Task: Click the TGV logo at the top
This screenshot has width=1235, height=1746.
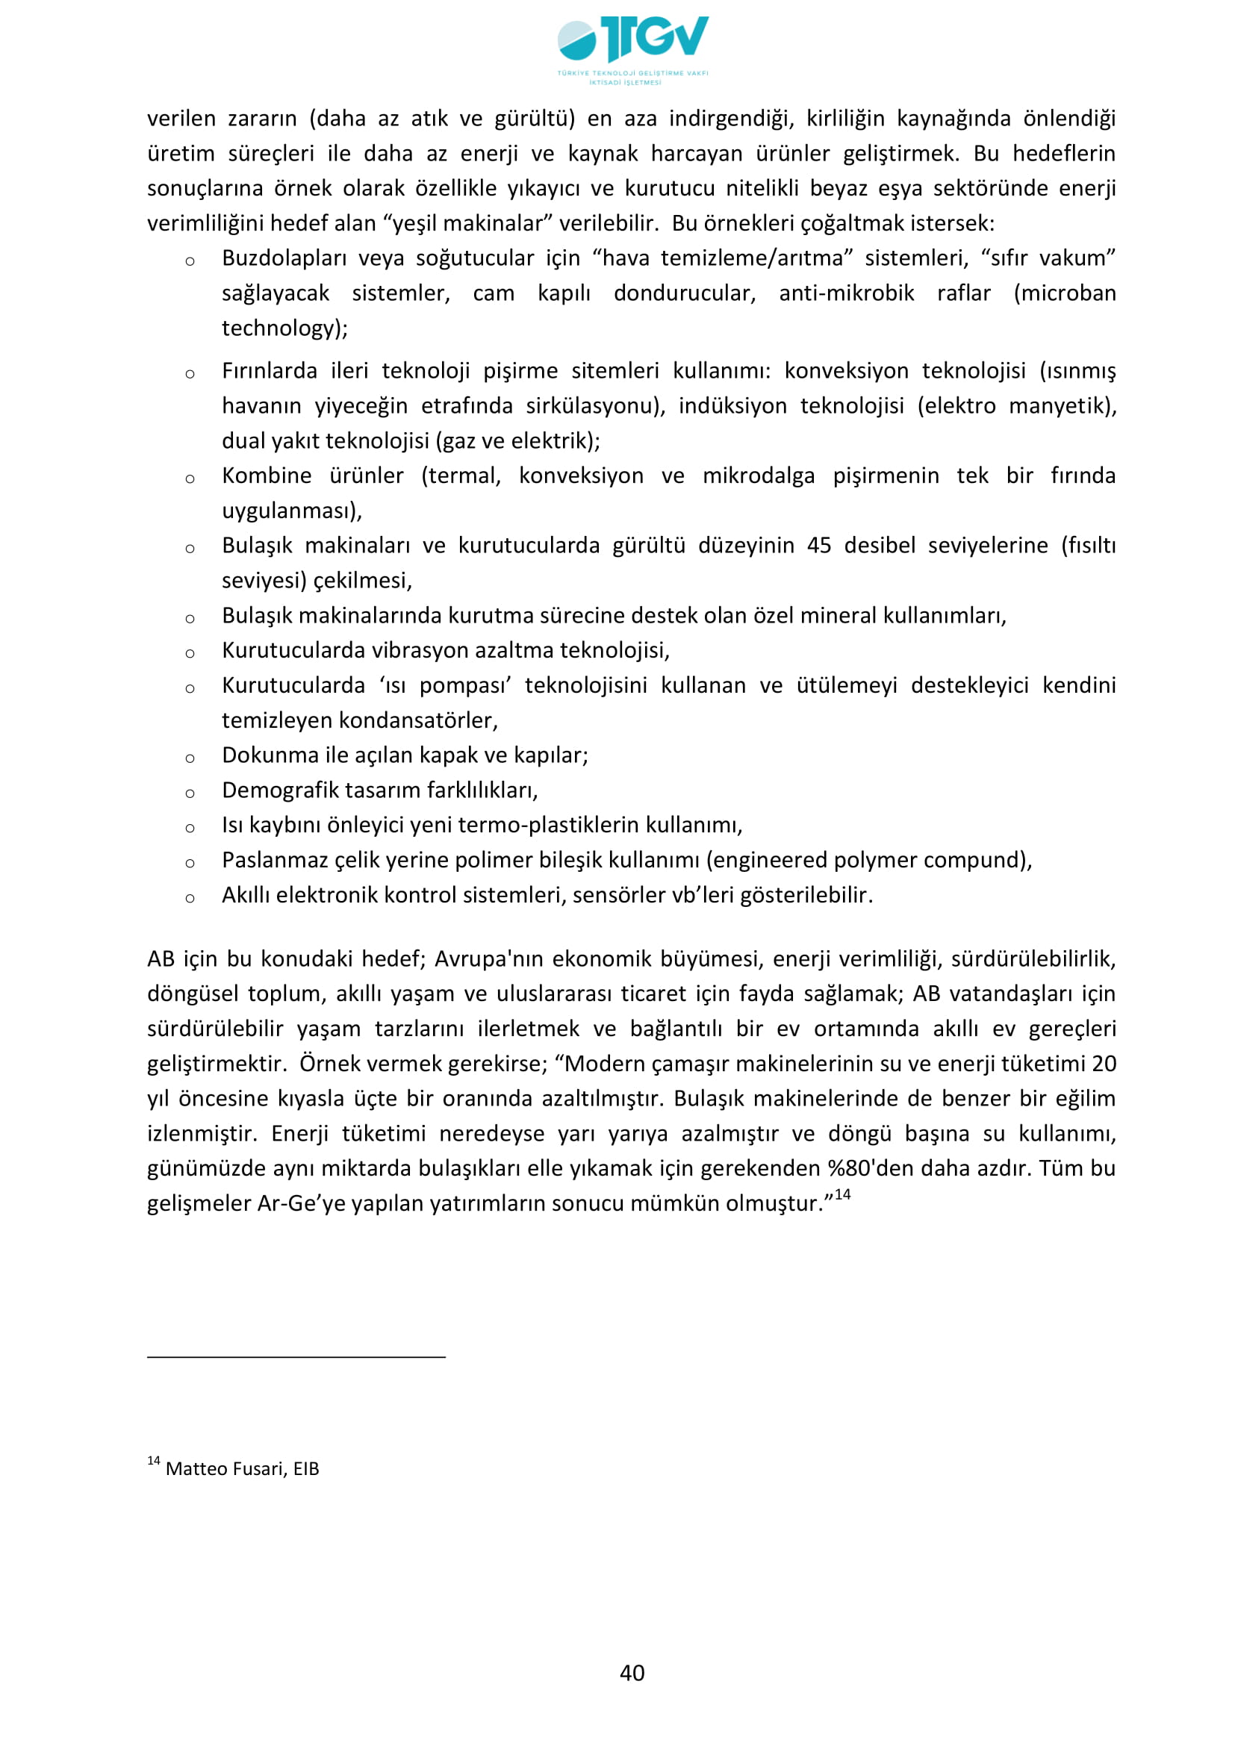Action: (x=632, y=47)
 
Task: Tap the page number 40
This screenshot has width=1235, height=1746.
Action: (x=632, y=1672)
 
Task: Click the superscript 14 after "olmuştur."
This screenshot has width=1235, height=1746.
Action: (x=842, y=1194)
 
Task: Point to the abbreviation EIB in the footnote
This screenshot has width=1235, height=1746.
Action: (x=306, y=1468)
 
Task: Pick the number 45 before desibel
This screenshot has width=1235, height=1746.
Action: (x=819, y=545)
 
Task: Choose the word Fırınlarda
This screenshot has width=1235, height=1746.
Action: (x=270, y=370)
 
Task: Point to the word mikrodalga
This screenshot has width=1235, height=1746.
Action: (x=758, y=476)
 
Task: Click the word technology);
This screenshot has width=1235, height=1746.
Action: (x=284, y=328)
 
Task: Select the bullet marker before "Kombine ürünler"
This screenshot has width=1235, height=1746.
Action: (x=190, y=478)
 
